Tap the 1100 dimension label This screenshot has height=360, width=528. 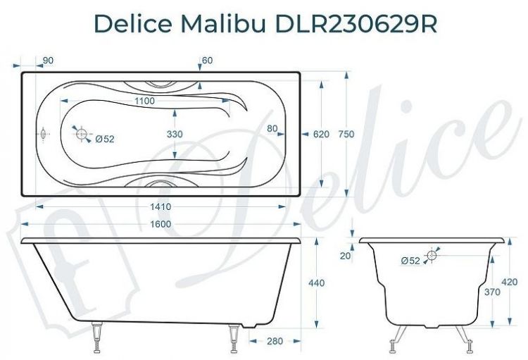[x=144, y=101]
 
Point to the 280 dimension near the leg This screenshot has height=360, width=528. [x=273, y=341]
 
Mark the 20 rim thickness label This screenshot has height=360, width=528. [x=344, y=256]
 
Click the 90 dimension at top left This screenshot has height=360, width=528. [x=48, y=61]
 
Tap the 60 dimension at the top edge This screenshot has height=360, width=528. [x=207, y=61]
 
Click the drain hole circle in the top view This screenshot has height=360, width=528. [x=82, y=133]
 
